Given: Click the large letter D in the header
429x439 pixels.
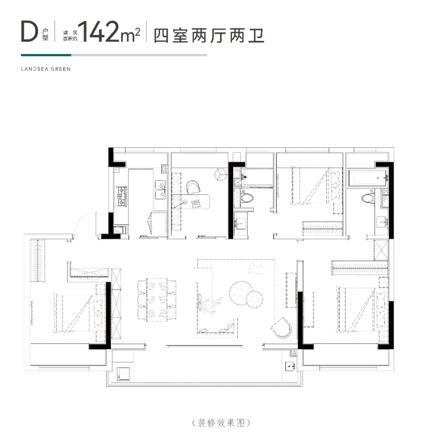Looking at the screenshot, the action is tap(30, 31).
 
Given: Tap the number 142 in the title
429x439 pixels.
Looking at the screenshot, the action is tap(99, 32).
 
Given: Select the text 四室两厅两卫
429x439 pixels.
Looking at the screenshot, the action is tap(209, 35).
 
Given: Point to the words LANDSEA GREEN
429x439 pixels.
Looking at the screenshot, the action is tap(46, 69).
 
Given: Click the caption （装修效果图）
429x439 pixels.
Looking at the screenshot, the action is tap(221, 423).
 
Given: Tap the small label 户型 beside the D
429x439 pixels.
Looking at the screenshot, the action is tap(45, 34).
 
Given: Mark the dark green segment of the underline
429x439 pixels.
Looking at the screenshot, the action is tap(46, 55).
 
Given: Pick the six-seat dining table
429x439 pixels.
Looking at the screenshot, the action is tap(157, 300).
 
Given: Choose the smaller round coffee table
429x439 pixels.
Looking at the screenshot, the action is tap(255, 299).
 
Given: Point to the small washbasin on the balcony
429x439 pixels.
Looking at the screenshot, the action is tap(290, 366).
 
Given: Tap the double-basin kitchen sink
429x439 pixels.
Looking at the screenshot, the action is tap(161, 190).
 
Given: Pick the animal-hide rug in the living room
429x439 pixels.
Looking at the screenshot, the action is tap(256, 268).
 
